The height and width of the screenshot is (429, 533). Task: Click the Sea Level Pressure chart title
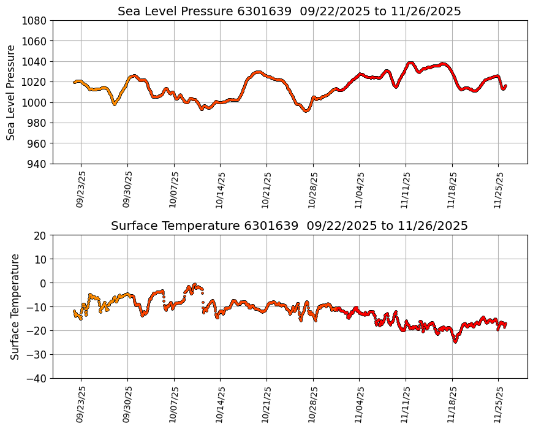click(289, 12)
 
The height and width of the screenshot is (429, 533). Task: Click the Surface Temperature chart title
click(289, 226)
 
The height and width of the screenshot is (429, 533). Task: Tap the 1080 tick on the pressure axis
click(35, 20)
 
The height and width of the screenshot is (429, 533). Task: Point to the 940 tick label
click(37, 164)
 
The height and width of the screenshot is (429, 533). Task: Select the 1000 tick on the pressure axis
click(35, 102)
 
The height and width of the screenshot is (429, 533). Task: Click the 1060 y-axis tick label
click(35, 41)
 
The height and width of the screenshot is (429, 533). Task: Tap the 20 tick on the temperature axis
click(41, 235)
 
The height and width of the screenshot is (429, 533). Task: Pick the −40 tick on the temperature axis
click(37, 378)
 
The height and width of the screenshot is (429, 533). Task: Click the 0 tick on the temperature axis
click(44, 283)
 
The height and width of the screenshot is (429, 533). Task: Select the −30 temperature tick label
click(37, 354)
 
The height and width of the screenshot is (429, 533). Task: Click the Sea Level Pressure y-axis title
click(12, 92)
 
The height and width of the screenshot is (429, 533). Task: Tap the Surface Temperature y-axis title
click(15, 306)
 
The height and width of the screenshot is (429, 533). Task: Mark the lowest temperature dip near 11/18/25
click(455, 341)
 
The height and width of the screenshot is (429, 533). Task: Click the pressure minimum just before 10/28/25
click(306, 111)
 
